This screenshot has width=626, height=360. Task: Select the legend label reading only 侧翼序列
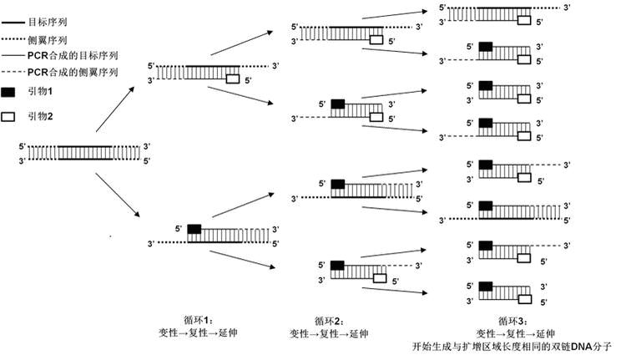(47, 39)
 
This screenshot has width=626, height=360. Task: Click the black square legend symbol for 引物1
(8, 93)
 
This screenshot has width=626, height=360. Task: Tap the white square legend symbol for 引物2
(8, 116)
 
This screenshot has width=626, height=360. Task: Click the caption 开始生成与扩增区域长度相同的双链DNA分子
(512, 344)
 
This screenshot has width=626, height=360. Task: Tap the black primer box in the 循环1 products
(194, 228)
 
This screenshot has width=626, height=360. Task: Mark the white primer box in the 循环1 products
(233, 79)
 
